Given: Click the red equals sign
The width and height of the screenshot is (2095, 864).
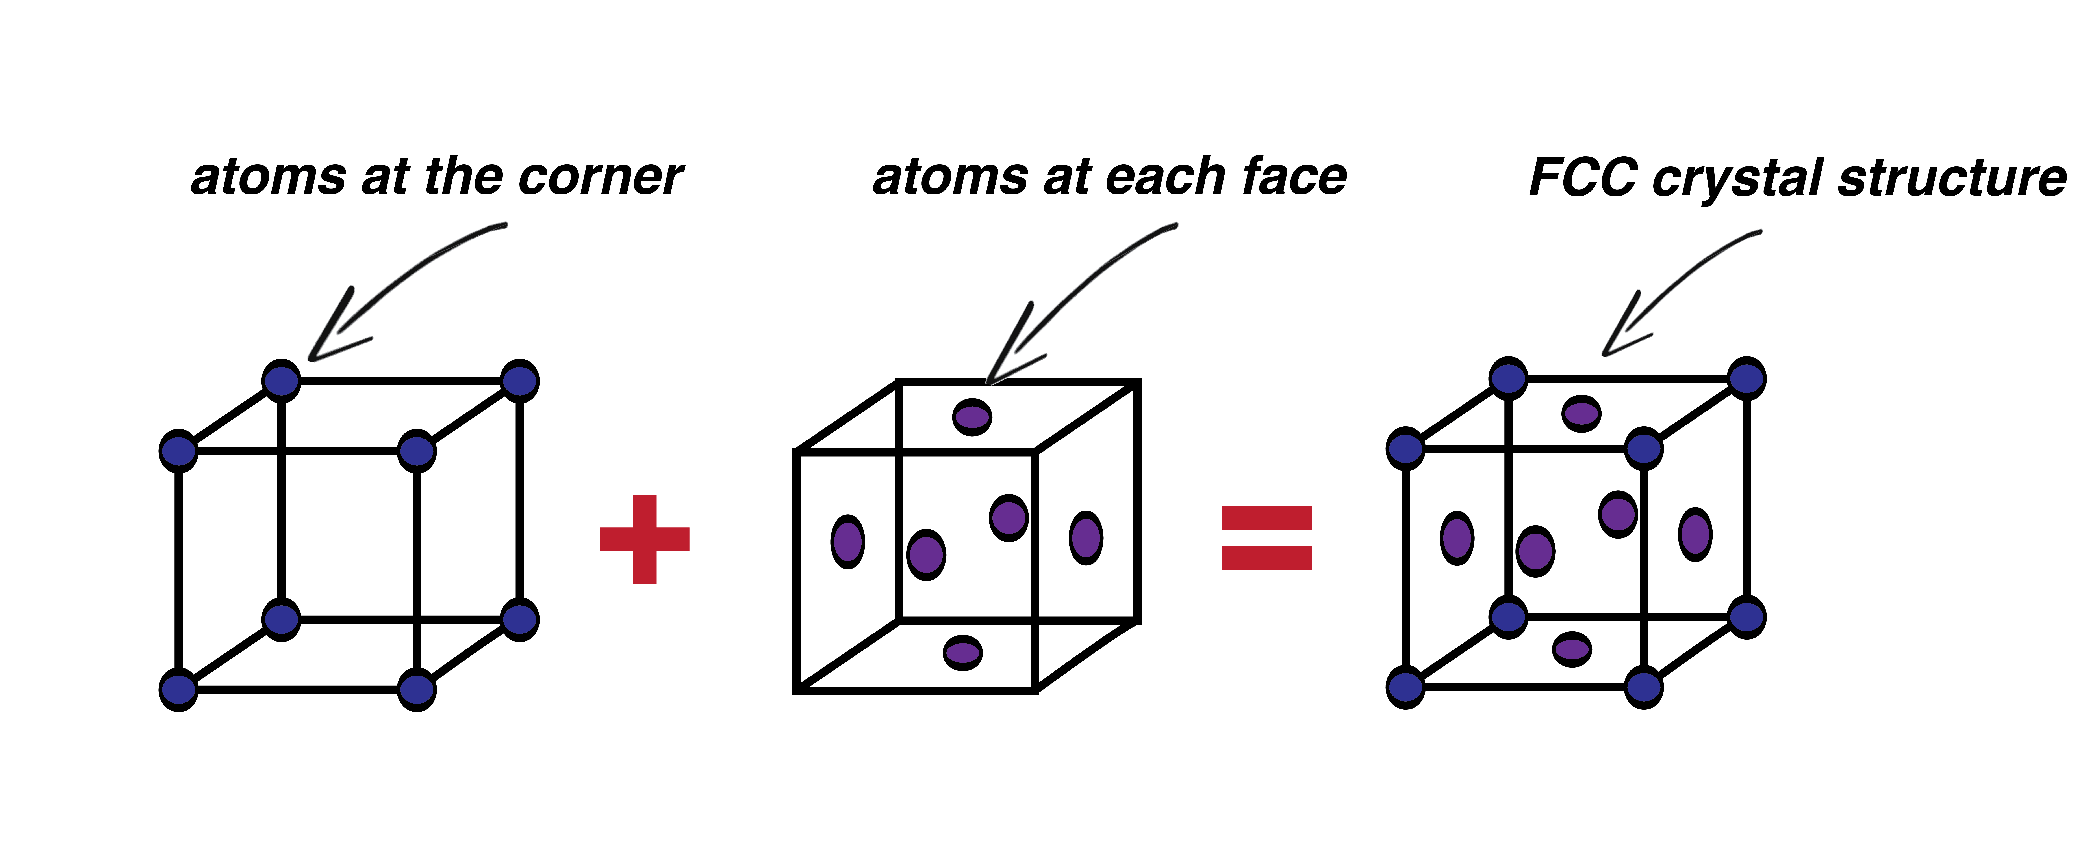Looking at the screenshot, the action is tap(1266, 538).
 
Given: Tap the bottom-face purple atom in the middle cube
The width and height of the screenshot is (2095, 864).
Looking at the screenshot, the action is tap(963, 653).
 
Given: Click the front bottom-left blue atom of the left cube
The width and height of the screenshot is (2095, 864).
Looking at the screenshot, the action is tap(178, 689).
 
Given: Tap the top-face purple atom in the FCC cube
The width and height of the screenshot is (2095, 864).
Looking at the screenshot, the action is tap(1581, 413).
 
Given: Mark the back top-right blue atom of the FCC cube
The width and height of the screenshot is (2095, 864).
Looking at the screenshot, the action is tap(1746, 378).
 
